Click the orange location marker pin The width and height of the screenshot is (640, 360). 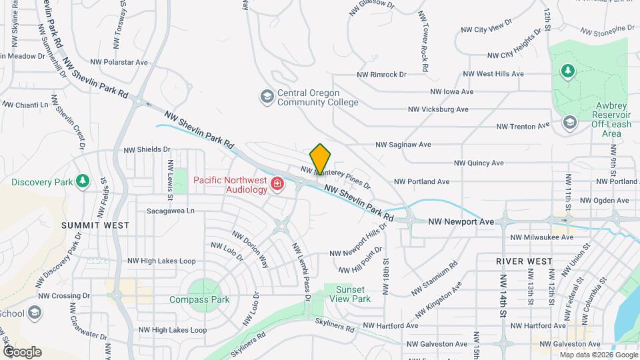tap(321, 159)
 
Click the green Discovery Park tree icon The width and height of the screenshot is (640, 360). tap(83, 181)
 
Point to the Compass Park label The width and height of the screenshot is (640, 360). tap(199, 300)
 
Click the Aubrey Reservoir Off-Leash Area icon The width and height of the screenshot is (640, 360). tap(569, 121)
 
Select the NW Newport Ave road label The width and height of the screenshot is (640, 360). tap(460, 221)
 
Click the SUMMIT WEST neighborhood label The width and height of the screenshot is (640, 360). tap(95, 225)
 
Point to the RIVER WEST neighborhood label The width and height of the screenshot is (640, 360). tap(524, 261)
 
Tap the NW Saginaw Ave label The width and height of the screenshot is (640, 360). tap(403, 144)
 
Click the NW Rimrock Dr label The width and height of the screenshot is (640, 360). tap(381, 75)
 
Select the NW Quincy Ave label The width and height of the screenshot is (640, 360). tap(479, 163)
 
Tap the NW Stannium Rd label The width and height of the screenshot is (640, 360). tap(435, 273)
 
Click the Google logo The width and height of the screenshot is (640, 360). tap(22, 352)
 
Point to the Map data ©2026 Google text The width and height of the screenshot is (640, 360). tap(598, 355)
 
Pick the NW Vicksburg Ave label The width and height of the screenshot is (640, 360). tap(438, 109)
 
